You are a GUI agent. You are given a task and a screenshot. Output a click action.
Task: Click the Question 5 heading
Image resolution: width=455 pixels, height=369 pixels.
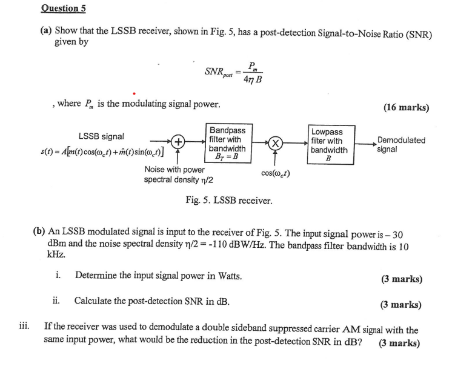click(63, 8)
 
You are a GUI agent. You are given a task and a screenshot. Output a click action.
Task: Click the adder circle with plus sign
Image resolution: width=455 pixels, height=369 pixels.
click(179, 144)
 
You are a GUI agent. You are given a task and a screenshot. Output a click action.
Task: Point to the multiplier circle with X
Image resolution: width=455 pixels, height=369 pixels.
click(275, 144)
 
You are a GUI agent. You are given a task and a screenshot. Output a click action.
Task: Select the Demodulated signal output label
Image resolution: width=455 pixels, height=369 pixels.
click(400, 144)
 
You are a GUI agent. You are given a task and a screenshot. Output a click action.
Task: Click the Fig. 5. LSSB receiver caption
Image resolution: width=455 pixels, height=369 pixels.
click(228, 200)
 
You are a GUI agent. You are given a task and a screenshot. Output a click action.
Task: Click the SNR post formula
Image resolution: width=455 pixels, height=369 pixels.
click(233, 72)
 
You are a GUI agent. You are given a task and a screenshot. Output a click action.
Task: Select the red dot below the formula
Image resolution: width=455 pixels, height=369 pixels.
click(133, 94)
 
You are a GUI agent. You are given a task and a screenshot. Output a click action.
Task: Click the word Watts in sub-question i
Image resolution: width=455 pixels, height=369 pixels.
click(225, 276)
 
